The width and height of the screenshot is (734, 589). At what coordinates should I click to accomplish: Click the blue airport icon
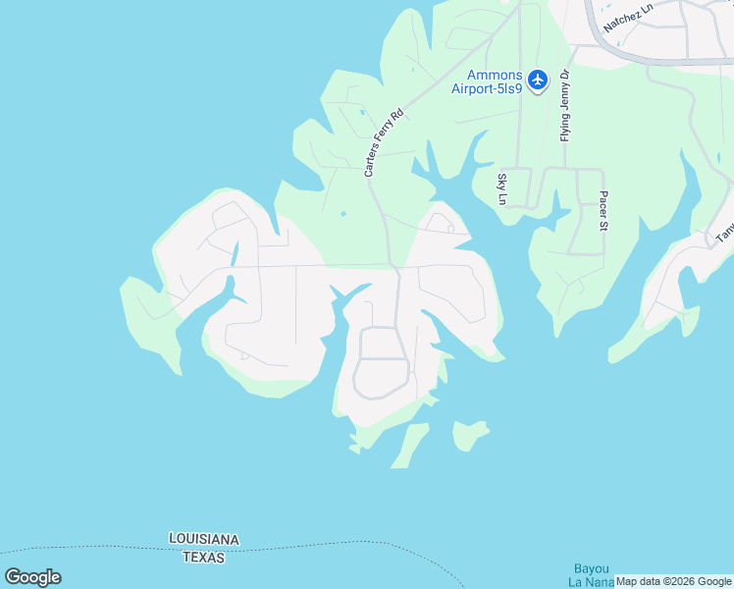(538, 80)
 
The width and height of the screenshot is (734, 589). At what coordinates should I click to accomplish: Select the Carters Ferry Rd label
(384, 144)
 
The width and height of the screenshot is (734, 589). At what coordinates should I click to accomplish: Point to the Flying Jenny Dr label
(565, 106)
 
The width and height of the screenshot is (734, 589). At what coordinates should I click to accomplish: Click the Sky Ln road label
(502, 189)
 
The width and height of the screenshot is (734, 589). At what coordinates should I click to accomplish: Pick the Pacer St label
(604, 211)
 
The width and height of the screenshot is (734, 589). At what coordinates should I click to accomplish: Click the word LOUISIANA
(204, 540)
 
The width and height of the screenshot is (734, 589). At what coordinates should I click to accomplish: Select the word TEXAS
(203, 558)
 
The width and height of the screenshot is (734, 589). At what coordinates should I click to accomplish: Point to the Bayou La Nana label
(592, 575)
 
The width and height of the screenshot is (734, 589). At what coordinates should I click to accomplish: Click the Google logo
(32, 577)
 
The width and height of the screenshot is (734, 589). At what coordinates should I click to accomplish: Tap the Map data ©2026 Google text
(674, 581)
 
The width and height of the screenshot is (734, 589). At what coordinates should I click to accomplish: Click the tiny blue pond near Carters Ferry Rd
(342, 213)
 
